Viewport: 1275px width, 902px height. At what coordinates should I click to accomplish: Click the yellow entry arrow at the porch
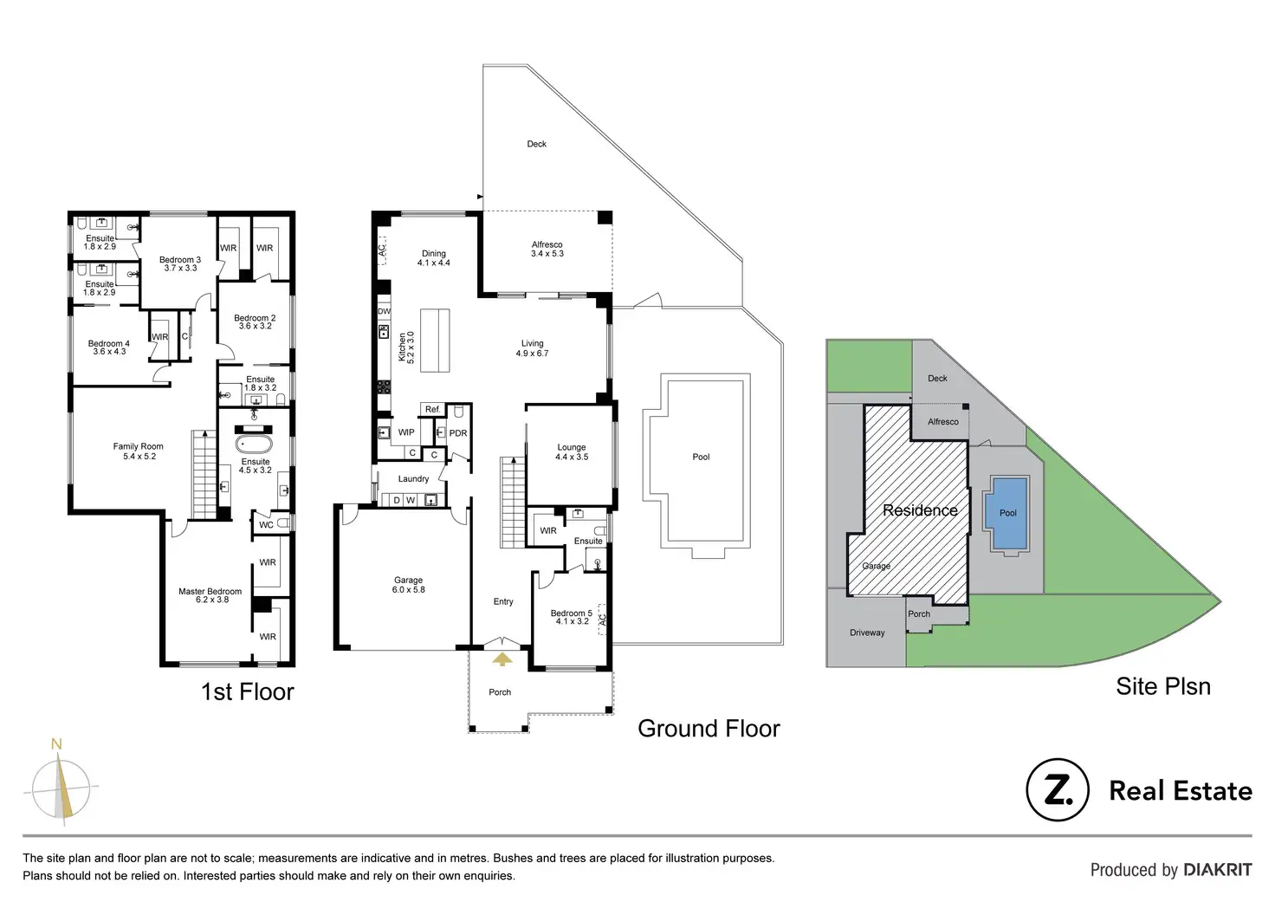(x=502, y=659)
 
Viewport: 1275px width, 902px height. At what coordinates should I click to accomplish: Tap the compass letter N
(x=56, y=744)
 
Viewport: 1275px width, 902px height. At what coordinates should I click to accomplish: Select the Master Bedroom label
(x=210, y=595)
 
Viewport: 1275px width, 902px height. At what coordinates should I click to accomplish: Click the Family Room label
(x=139, y=451)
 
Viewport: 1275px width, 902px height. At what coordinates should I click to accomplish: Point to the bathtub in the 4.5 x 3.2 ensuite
(x=254, y=444)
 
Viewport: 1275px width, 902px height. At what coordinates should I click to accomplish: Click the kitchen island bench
(x=435, y=341)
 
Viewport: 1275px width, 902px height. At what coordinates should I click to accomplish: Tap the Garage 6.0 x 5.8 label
(x=409, y=585)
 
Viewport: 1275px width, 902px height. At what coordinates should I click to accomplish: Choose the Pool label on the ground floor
(x=701, y=457)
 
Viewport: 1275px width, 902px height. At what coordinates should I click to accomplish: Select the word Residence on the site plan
(x=920, y=510)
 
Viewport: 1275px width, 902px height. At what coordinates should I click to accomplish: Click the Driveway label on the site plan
(x=867, y=633)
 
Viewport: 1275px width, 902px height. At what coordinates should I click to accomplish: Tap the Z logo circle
(x=1057, y=790)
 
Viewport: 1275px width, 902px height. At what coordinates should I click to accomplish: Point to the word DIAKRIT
(x=1217, y=870)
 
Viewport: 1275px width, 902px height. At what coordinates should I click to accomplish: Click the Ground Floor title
(x=709, y=729)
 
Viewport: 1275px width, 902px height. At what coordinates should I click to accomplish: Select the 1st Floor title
(x=248, y=691)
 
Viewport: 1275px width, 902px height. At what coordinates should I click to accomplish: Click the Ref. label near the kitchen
(x=433, y=409)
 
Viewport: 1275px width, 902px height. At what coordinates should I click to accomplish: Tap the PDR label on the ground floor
(x=458, y=433)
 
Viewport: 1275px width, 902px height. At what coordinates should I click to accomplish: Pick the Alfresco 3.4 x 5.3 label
(x=547, y=250)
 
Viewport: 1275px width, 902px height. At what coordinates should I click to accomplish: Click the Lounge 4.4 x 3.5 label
(x=572, y=452)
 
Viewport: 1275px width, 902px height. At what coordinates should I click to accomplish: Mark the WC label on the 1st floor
(x=266, y=524)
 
